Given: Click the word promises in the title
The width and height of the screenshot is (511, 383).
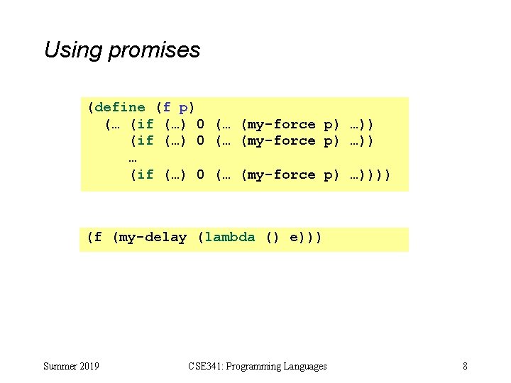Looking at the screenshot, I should pos(154,50).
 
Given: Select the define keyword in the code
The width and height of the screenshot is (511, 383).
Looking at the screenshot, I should pos(119,107).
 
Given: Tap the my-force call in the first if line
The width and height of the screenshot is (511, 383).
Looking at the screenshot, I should pos(278,124).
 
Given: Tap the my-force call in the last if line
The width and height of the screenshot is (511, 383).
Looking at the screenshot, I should pos(278,174).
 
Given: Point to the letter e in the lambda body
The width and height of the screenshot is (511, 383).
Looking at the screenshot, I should pos(295,238).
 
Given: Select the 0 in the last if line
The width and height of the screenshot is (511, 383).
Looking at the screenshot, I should pos(201,174).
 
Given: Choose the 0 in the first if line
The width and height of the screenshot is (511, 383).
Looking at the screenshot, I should pos(201,124).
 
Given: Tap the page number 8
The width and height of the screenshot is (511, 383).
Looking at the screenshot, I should pos(465,366).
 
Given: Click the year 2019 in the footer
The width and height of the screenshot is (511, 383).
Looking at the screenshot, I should pos(88,366).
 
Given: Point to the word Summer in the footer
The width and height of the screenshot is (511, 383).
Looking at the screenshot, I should pos(59,366).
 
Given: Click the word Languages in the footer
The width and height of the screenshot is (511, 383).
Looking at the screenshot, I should pos(306,366).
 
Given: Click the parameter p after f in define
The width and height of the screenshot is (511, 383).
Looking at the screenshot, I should pos(184,108).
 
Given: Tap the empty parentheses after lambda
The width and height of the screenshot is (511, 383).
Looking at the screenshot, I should pos(273,237).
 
